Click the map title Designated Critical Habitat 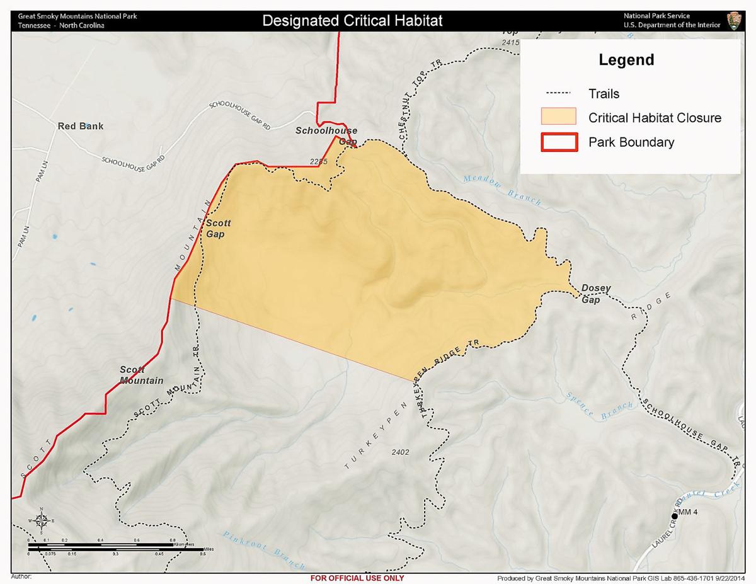(x=352, y=20)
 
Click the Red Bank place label (x=81, y=126)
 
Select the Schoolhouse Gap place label (x=327, y=135)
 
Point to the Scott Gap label (x=219, y=228)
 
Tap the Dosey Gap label (x=595, y=294)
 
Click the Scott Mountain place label (x=142, y=375)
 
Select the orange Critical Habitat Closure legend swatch (x=558, y=117)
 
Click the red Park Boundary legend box (x=558, y=142)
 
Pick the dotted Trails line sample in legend (x=558, y=93)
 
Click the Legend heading (x=626, y=60)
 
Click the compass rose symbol (x=41, y=520)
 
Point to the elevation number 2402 (x=400, y=452)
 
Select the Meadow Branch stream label (x=502, y=190)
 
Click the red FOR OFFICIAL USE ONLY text (x=357, y=578)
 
